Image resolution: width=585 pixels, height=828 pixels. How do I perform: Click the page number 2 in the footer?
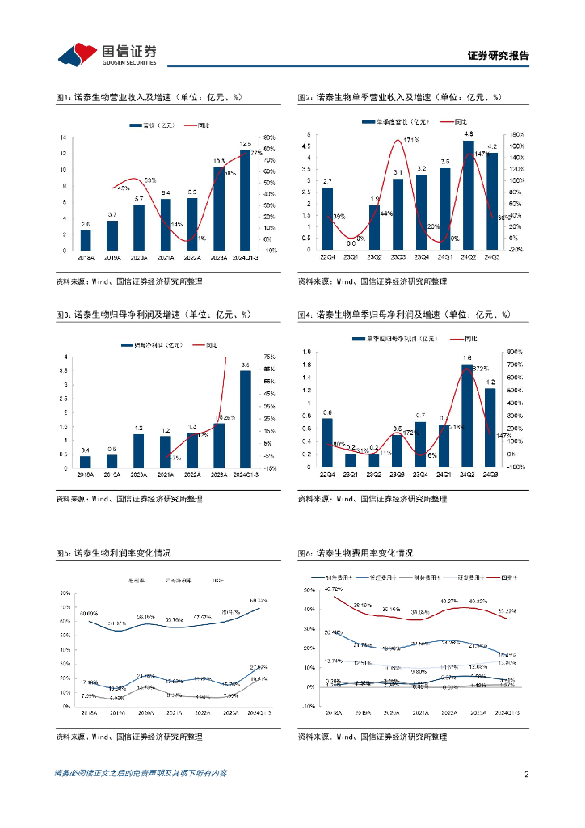click(526, 774)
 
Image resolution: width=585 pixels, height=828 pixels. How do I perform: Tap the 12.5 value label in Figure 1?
click(246, 143)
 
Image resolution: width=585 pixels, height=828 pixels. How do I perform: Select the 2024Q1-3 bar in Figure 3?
click(246, 419)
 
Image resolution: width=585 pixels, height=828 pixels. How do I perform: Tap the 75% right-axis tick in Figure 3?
click(270, 357)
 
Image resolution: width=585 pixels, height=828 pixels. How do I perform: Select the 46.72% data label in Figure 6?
click(332, 588)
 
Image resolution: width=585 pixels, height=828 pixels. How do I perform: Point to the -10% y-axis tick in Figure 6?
click(308, 705)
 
